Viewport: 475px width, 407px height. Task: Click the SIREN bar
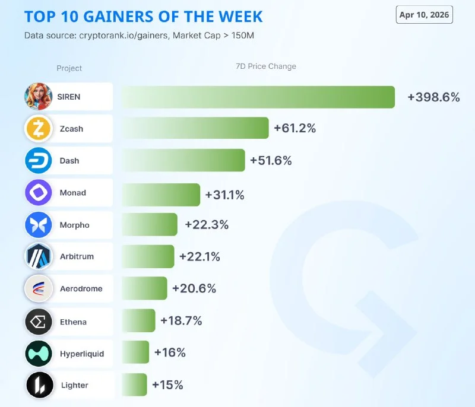[258, 97]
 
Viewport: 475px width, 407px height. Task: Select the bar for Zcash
[195, 128]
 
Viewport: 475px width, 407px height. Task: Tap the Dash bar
[183, 160]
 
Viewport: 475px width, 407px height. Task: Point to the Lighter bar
[134, 384]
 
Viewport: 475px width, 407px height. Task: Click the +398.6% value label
[433, 97]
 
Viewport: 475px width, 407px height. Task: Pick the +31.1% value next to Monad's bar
[224, 194]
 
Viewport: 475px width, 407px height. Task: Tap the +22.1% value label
[199, 256]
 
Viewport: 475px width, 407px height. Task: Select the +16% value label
[170, 352]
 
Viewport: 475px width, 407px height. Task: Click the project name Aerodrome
[81, 289]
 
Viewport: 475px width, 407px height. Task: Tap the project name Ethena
[73, 322]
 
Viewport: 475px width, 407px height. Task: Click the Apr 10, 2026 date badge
[425, 15]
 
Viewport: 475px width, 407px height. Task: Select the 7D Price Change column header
[265, 66]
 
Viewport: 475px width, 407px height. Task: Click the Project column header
[69, 68]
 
